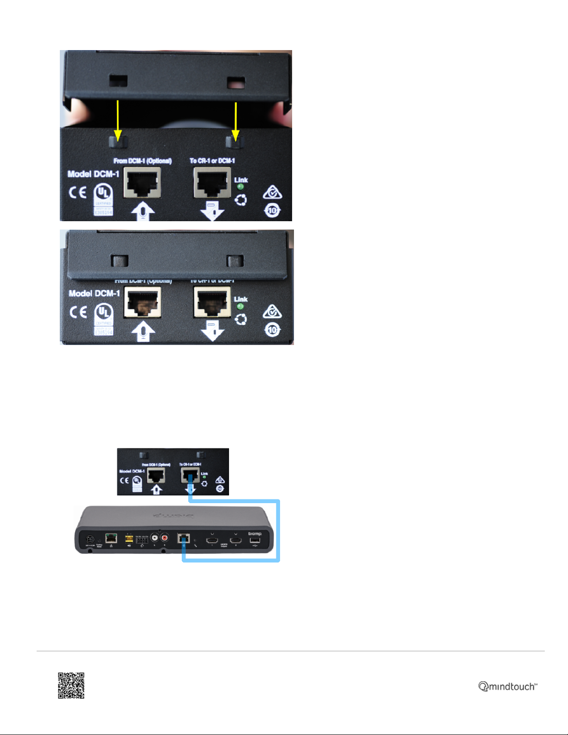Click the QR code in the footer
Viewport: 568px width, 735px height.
click(71, 685)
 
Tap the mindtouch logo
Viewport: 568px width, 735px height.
click(508, 686)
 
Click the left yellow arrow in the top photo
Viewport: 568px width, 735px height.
click(118, 121)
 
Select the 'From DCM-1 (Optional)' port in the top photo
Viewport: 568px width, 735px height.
click(142, 182)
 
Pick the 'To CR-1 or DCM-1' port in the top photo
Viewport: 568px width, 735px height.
click(212, 183)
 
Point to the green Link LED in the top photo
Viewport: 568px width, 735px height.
click(240, 187)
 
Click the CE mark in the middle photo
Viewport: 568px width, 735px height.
click(78, 312)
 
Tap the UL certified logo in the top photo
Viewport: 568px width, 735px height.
click(103, 199)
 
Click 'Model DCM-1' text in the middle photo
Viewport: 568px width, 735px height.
click(94, 294)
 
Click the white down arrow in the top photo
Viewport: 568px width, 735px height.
click(212, 211)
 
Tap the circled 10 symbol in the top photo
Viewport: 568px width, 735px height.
click(273, 211)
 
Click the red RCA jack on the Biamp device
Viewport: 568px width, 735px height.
click(164, 538)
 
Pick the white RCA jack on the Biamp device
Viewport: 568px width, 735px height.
click(153, 538)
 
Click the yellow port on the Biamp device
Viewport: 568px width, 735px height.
click(129, 539)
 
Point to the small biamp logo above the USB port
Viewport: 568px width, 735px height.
click(255, 534)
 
